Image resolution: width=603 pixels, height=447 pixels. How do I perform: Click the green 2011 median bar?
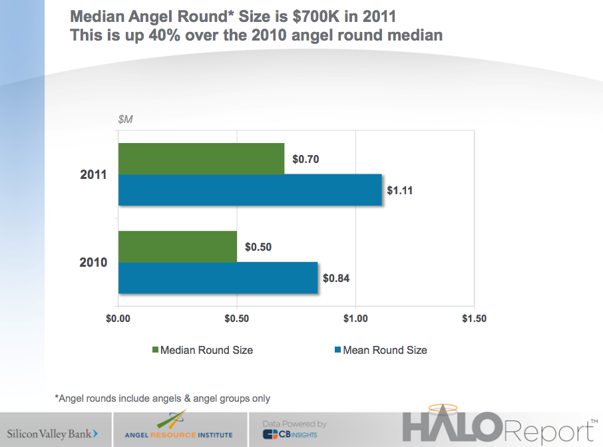201,158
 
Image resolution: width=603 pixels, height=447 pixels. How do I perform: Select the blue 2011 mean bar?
250,190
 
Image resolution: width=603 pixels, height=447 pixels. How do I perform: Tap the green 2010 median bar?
177,246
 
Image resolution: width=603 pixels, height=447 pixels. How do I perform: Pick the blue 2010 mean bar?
218,278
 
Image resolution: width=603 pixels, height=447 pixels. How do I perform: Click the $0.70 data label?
305,160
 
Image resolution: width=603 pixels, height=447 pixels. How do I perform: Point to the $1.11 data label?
400,190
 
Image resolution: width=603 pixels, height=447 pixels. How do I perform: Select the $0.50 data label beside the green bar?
258,247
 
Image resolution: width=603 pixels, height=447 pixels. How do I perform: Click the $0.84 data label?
336,279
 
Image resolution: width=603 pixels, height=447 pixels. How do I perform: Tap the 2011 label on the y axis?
94,175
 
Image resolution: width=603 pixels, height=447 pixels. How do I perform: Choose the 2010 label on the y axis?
94,263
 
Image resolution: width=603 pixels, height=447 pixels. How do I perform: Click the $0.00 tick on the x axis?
118,319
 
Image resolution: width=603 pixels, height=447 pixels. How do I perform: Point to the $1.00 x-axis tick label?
355,319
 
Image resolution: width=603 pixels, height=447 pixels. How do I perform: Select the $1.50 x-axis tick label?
474,319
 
